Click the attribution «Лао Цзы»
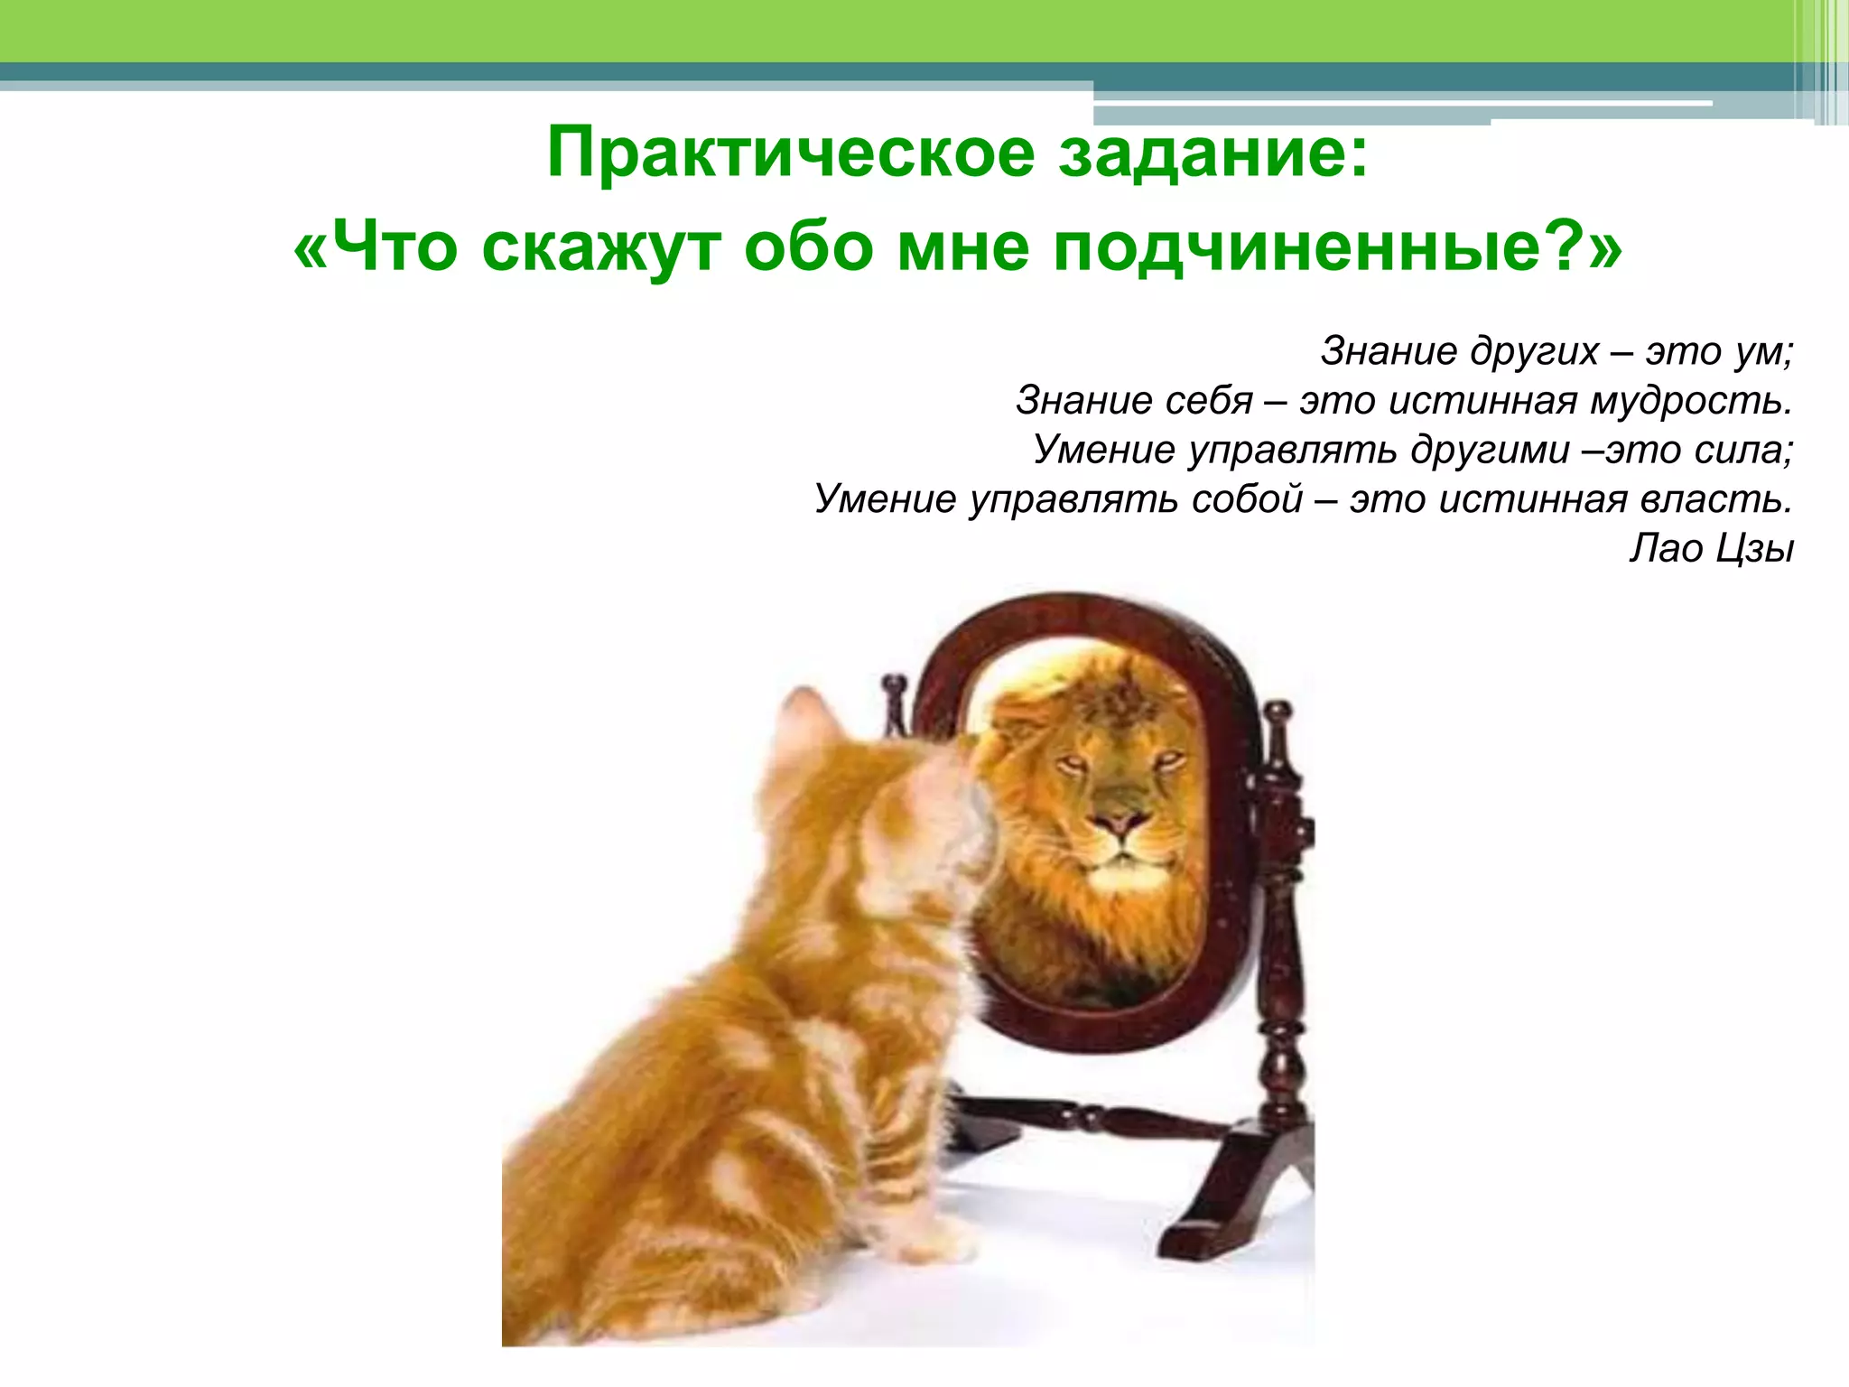[1711, 548]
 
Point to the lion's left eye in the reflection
[1073, 764]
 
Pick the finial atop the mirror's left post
[894, 686]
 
